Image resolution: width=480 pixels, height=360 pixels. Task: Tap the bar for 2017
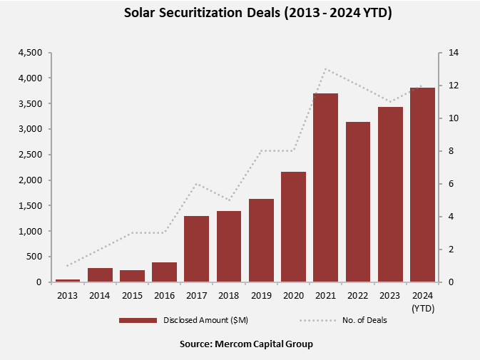pyautogui.click(x=197, y=249)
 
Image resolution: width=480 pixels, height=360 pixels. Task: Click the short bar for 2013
pyautogui.click(x=68, y=280)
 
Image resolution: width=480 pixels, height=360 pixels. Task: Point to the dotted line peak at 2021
pyautogui.click(x=325, y=69)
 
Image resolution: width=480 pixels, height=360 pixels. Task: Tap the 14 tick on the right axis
pyautogui.click(x=452, y=53)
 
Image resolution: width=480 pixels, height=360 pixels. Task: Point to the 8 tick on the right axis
pyautogui.click(x=450, y=151)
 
